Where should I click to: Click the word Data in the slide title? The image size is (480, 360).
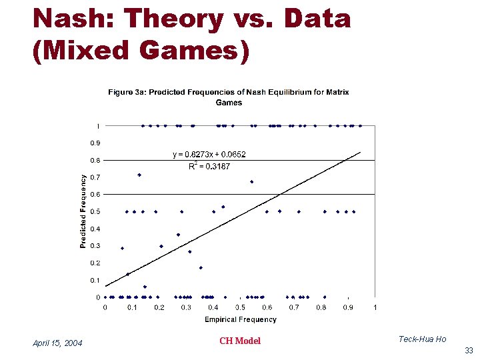point(317,19)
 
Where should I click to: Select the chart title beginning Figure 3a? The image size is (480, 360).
point(229,97)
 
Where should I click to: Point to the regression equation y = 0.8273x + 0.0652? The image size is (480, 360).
point(209,154)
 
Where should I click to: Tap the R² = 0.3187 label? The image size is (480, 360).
point(209,166)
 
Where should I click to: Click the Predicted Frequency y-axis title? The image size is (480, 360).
point(83,211)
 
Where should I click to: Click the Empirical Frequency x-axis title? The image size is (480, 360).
point(240,319)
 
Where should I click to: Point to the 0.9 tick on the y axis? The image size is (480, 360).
point(96,143)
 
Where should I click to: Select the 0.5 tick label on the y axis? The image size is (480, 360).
point(96,211)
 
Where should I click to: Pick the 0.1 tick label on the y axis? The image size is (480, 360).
point(96,280)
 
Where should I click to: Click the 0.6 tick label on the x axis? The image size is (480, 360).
point(267,307)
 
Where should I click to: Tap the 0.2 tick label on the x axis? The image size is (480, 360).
point(159,307)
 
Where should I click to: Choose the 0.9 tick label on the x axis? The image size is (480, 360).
point(348,307)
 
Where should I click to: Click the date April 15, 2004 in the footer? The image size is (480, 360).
point(58,343)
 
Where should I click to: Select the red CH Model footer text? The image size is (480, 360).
point(240,341)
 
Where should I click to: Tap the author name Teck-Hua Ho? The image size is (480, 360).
point(422,339)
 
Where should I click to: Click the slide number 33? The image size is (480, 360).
point(469,351)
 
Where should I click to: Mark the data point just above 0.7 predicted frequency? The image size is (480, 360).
point(139,175)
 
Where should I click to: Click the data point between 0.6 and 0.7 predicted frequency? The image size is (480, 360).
point(251,181)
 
